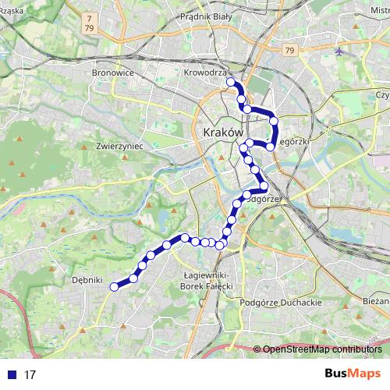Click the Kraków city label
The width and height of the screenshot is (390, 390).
pos(222,133)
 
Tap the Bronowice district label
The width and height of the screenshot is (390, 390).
pos(113,73)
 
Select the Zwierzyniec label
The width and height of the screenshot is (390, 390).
pos(118,145)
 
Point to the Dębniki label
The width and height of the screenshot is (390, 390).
pos(87,279)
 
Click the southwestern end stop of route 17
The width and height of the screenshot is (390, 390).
pos(114,287)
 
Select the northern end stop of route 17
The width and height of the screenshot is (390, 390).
pos(230,81)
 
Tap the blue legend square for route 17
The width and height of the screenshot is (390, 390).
pos(11,374)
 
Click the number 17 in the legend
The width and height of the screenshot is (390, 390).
pos(30,374)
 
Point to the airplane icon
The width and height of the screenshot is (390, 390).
pos(339,51)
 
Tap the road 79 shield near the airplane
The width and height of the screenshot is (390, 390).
pos(290,51)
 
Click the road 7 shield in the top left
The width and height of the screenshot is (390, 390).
pos(90,17)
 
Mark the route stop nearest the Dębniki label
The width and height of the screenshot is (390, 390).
pos(114,287)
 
